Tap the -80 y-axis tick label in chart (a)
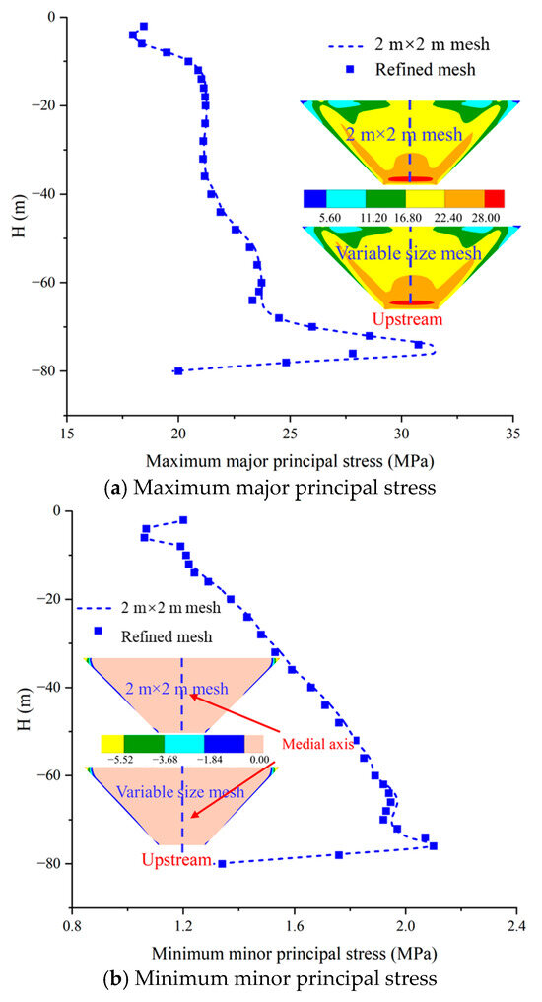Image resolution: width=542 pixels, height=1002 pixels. point(47,370)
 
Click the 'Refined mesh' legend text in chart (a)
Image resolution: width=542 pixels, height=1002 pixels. point(425,69)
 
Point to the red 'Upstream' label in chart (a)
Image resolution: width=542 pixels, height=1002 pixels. point(410,318)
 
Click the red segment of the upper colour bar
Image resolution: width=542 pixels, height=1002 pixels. point(494,198)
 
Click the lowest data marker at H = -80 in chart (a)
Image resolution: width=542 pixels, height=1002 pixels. point(178,371)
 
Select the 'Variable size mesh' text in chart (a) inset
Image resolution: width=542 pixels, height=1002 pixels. point(409,253)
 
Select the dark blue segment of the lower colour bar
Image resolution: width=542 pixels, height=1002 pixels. point(225,744)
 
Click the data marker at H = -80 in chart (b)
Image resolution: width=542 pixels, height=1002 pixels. point(222,864)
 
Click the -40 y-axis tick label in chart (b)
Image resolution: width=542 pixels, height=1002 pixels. point(47,688)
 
